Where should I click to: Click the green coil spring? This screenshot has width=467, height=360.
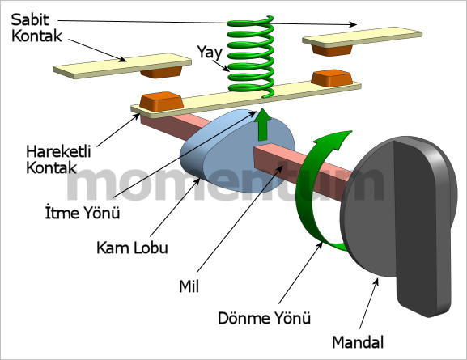(x=250, y=57)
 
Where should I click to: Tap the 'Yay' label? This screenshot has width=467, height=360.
(x=210, y=53)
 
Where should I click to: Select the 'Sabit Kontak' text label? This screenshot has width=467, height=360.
(x=36, y=28)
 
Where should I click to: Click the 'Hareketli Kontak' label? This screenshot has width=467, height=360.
(x=58, y=159)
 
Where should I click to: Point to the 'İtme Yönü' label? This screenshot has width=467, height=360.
(x=83, y=212)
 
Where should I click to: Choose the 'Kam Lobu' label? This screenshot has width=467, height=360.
(x=132, y=248)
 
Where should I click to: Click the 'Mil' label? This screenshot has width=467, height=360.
(x=189, y=286)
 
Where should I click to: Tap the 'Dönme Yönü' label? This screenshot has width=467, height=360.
(x=264, y=317)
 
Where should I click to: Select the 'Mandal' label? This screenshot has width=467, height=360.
(x=358, y=342)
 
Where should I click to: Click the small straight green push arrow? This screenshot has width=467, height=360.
(x=263, y=125)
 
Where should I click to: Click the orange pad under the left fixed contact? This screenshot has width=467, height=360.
(x=162, y=72)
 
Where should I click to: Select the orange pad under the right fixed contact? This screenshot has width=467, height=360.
(x=332, y=50)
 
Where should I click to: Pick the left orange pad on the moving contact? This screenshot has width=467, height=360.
(x=161, y=102)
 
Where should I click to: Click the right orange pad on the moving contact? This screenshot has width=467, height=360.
(x=332, y=78)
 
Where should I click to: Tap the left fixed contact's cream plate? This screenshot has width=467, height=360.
(x=122, y=66)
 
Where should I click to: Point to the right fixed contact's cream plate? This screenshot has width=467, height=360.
(x=362, y=37)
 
